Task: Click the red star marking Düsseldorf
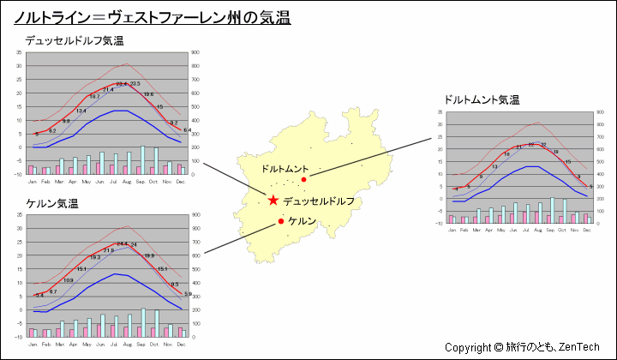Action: click(x=273, y=201)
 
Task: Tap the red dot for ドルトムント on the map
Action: click(x=303, y=180)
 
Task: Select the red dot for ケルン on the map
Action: click(x=281, y=221)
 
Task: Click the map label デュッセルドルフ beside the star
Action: click(x=318, y=201)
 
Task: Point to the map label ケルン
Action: click(x=303, y=221)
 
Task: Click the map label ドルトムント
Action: click(x=285, y=169)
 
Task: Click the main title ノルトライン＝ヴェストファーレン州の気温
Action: click(x=153, y=17)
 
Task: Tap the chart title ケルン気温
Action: click(x=52, y=204)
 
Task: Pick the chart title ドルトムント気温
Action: click(x=482, y=99)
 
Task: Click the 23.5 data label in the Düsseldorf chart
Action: click(x=135, y=83)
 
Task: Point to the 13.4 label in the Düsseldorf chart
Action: click(x=81, y=111)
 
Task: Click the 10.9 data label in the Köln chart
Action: click(x=69, y=280)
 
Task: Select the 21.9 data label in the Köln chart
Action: click(x=109, y=250)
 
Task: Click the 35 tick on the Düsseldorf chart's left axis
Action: click(x=19, y=52)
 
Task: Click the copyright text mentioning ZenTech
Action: click(x=522, y=347)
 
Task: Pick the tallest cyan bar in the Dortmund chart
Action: click(x=553, y=210)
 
